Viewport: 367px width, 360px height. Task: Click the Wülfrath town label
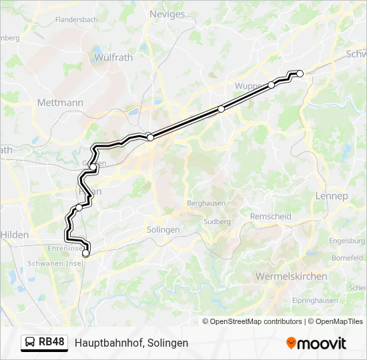[x=113, y=57]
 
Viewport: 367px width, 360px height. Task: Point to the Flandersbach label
[x=77, y=20]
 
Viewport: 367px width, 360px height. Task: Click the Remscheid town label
[x=270, y=217]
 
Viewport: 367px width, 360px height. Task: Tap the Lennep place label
[x=332, y=196]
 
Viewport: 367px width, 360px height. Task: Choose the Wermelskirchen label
[x=291, y=276]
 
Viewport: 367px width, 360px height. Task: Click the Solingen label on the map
[x=163, y=229]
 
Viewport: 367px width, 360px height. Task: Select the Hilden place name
[x=15, y=235]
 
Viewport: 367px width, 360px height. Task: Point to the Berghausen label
[x=207, y=203]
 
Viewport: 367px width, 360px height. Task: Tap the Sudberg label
[x=217, y=221]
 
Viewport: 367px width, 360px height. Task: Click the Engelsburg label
[x=347, y=241]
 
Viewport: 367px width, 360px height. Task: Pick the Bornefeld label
[x=348, y=257]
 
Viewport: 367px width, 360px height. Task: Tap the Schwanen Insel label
[x=54, y=263]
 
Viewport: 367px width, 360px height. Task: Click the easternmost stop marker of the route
[x=300, y=74]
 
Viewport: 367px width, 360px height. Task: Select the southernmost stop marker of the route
[x=85, y=253]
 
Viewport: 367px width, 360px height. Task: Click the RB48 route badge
[x=45, y=343]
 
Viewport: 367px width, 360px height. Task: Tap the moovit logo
[x=316, y=343]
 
